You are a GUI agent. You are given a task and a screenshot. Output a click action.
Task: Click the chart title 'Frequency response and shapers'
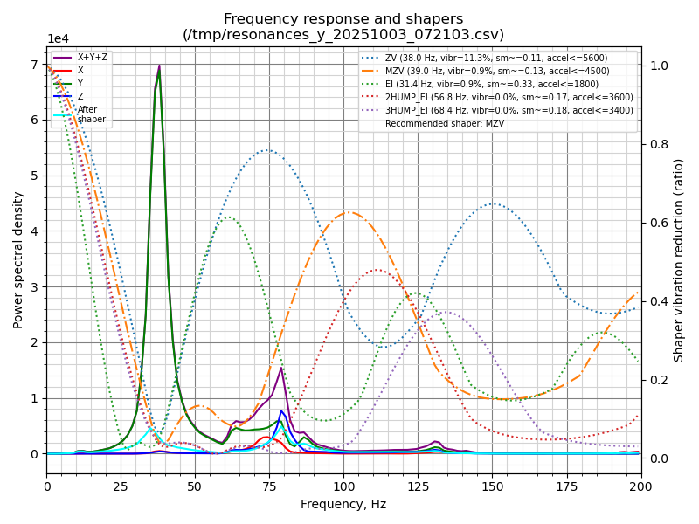tap(343, 19)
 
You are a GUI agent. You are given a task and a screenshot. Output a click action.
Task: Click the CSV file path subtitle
tap(343, 35)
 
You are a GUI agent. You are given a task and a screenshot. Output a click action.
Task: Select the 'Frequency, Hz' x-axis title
tap(343, 504)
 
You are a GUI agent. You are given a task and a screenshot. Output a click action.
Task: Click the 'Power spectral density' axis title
tap(18, 260)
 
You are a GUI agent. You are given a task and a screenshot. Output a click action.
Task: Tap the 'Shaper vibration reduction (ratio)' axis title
tap(679, 260)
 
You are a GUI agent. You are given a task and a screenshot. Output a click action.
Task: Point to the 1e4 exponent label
tap(58, 39)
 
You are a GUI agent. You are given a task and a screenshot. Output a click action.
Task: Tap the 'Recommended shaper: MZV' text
tap(445, 123)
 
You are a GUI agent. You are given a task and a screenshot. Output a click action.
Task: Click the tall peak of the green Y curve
tap(159, 70)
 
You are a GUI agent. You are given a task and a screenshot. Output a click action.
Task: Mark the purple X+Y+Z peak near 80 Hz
tap(281, 368)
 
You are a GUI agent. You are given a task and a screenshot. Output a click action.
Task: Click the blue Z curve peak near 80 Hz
tap(281, 410)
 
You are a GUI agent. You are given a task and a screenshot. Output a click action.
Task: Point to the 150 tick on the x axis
tap(492, 486)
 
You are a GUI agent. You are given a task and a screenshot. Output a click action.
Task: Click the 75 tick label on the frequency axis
tap(269, 486)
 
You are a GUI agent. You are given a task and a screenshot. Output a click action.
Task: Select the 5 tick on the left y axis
tap(36, 176)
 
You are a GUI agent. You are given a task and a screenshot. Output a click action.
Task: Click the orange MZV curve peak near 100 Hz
tap(349, 212)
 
